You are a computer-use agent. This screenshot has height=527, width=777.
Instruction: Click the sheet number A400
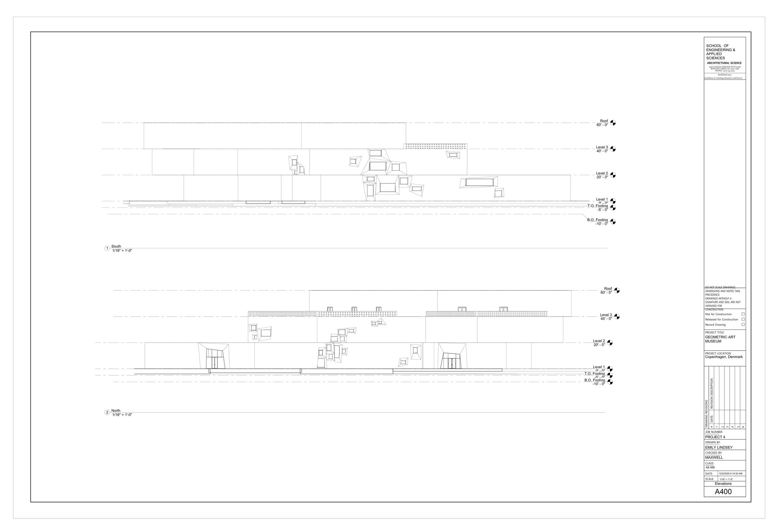coord(723,492)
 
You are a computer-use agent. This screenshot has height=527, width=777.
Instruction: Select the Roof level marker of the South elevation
coord(613,123)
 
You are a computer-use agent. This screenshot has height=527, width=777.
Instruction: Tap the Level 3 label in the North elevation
coord(606,315)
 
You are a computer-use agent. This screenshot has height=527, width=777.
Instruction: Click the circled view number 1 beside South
coord(107,248)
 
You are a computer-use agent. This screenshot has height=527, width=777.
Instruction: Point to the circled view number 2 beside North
coord(107,413)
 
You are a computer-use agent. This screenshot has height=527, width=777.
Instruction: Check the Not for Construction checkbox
coord(743,314)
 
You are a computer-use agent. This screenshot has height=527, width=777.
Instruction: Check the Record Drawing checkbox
coord(743,325)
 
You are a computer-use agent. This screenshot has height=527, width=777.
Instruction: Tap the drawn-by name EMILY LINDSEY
coord(719,447)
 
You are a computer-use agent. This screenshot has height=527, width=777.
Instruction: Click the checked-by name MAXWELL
coord(714,457)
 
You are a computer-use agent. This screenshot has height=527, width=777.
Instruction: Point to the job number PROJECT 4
coord(715,437)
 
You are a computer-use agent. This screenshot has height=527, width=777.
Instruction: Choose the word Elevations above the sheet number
coord(723,484)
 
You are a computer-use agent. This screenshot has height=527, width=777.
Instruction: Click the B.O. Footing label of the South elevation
coord(597,220)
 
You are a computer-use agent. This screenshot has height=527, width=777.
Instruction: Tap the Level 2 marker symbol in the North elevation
coord(610,343)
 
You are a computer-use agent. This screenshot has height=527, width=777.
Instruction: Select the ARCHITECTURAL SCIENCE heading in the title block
coord(724,63)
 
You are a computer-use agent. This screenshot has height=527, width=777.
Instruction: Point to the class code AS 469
coord(710,468)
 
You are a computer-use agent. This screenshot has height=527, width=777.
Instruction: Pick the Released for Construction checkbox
coord(743,320)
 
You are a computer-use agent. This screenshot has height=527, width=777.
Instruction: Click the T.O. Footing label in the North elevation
coord(595,374)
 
